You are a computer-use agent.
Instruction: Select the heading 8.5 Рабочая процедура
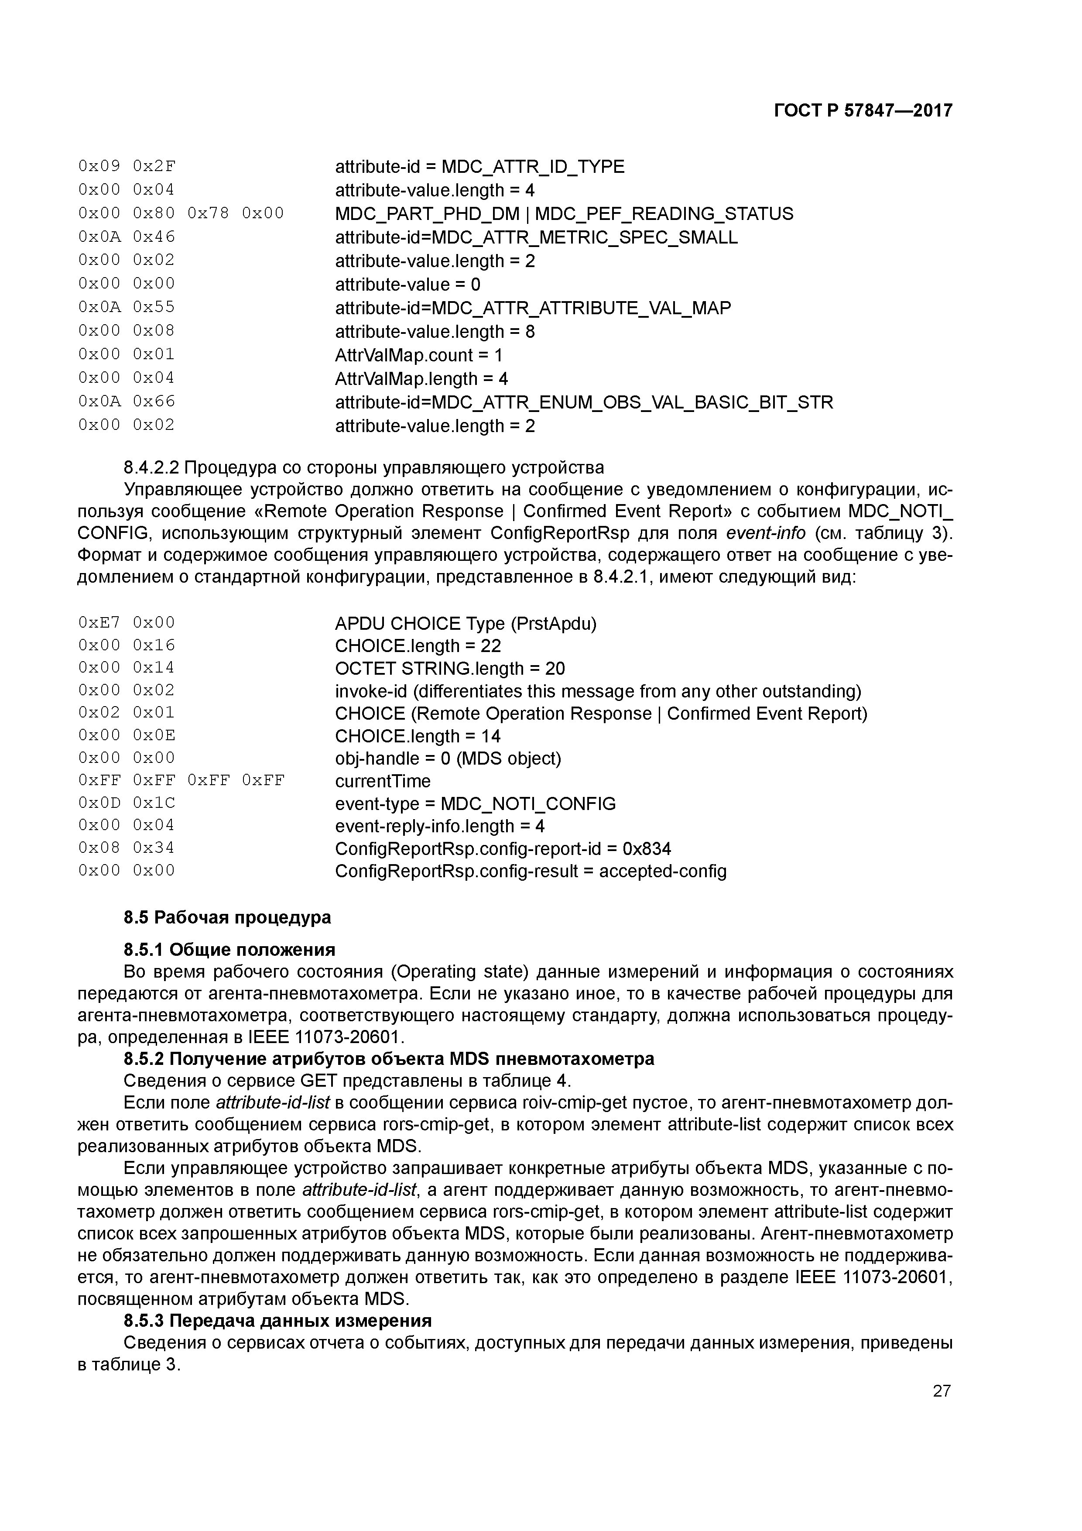227,917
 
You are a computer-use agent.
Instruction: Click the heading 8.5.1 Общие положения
229,949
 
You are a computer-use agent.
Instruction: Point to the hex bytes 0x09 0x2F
126,166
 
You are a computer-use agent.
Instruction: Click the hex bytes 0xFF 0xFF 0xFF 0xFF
181,780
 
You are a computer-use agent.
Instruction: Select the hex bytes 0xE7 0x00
126,623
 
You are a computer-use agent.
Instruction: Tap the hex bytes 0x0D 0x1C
126,803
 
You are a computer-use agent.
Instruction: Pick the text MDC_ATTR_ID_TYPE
533,167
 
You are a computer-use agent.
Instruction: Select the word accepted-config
663,872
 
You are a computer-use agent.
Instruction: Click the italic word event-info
765,533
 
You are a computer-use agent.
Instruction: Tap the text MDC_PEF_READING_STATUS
664,214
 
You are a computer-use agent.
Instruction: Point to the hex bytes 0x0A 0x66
126,402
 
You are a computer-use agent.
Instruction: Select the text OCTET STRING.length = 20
450,668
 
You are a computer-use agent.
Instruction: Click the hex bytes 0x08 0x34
126,848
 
